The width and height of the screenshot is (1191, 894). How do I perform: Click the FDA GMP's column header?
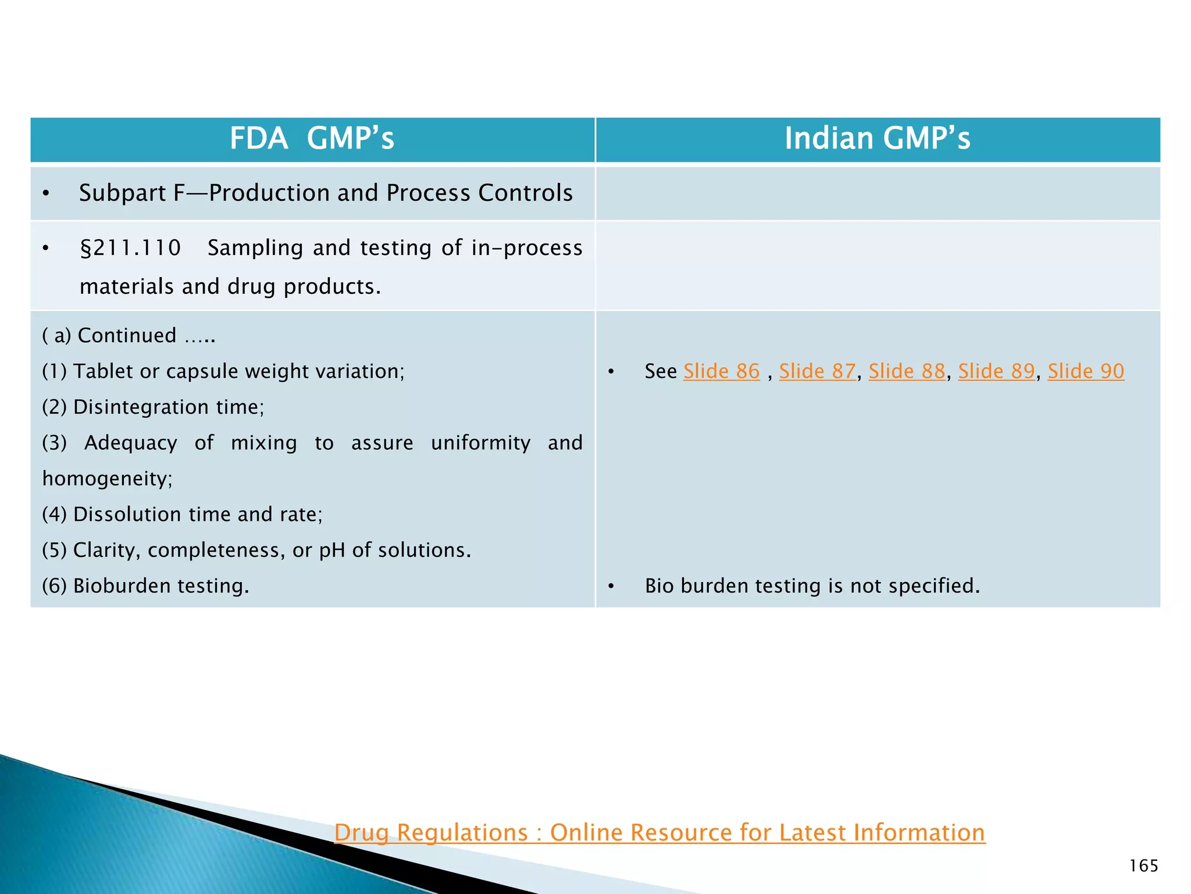coord(312,139)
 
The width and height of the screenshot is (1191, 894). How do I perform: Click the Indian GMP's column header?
coord(877,139)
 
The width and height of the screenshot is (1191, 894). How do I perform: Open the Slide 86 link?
coord(721,371)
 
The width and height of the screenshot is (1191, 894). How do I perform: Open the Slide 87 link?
coord(817,371)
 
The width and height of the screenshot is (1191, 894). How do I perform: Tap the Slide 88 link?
coord(907,371)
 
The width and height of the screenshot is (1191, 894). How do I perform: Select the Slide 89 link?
coord(996,371)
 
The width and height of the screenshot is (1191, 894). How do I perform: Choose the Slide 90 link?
coord(1086,371)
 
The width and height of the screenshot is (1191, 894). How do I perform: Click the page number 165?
coord(1143,866)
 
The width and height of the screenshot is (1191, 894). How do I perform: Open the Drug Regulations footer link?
coord(659,833)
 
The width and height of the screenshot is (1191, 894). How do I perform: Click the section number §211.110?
coord(130,248)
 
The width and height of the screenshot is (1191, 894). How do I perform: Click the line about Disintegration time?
coord(153,407)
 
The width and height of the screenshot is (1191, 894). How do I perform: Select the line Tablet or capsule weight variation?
coord(223,371)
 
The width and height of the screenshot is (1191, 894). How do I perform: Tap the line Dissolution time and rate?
coord(182,515)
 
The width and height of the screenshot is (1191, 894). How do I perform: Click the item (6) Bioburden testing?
coord(145,586)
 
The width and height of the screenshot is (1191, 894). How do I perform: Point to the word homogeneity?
coord(108,478)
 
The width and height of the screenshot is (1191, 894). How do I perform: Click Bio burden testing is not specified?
coord(812,586)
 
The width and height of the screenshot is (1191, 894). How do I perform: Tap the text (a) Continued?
coord(128,336)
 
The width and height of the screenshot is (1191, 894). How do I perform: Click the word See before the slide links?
coord(661,371)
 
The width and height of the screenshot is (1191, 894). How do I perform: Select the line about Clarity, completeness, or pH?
coord(256,550)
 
